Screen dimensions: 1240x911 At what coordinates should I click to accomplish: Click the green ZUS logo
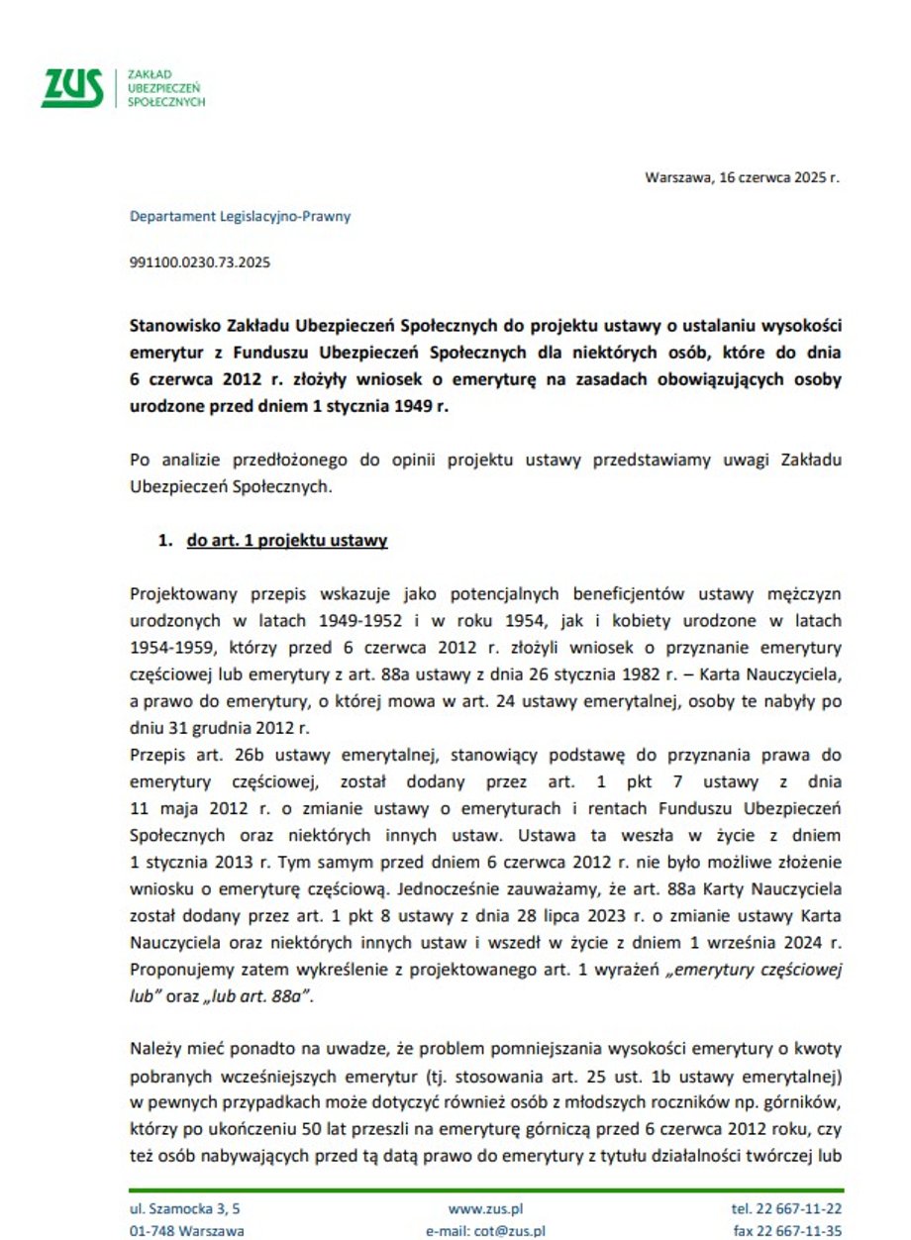pos(72,88)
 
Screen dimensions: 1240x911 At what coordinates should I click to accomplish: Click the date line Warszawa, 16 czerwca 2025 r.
pos(742,178)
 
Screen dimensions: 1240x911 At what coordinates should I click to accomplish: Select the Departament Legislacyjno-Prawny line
pos(240,216)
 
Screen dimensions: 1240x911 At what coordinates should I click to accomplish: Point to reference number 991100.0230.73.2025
pos(200,263)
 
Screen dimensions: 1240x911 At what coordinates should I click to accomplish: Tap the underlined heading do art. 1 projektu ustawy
pos(286,541)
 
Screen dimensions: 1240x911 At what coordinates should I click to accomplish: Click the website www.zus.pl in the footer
pos(485,1209)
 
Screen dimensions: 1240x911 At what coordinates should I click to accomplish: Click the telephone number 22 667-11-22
pos(800,1209)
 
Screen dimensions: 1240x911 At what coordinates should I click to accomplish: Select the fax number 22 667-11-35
pos(802,1231)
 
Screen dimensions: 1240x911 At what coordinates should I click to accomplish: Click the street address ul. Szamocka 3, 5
pos(184,1209)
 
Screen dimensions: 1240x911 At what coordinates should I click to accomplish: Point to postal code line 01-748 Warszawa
pos(187,1231)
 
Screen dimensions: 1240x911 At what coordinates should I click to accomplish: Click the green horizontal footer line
pos(485,1189)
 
